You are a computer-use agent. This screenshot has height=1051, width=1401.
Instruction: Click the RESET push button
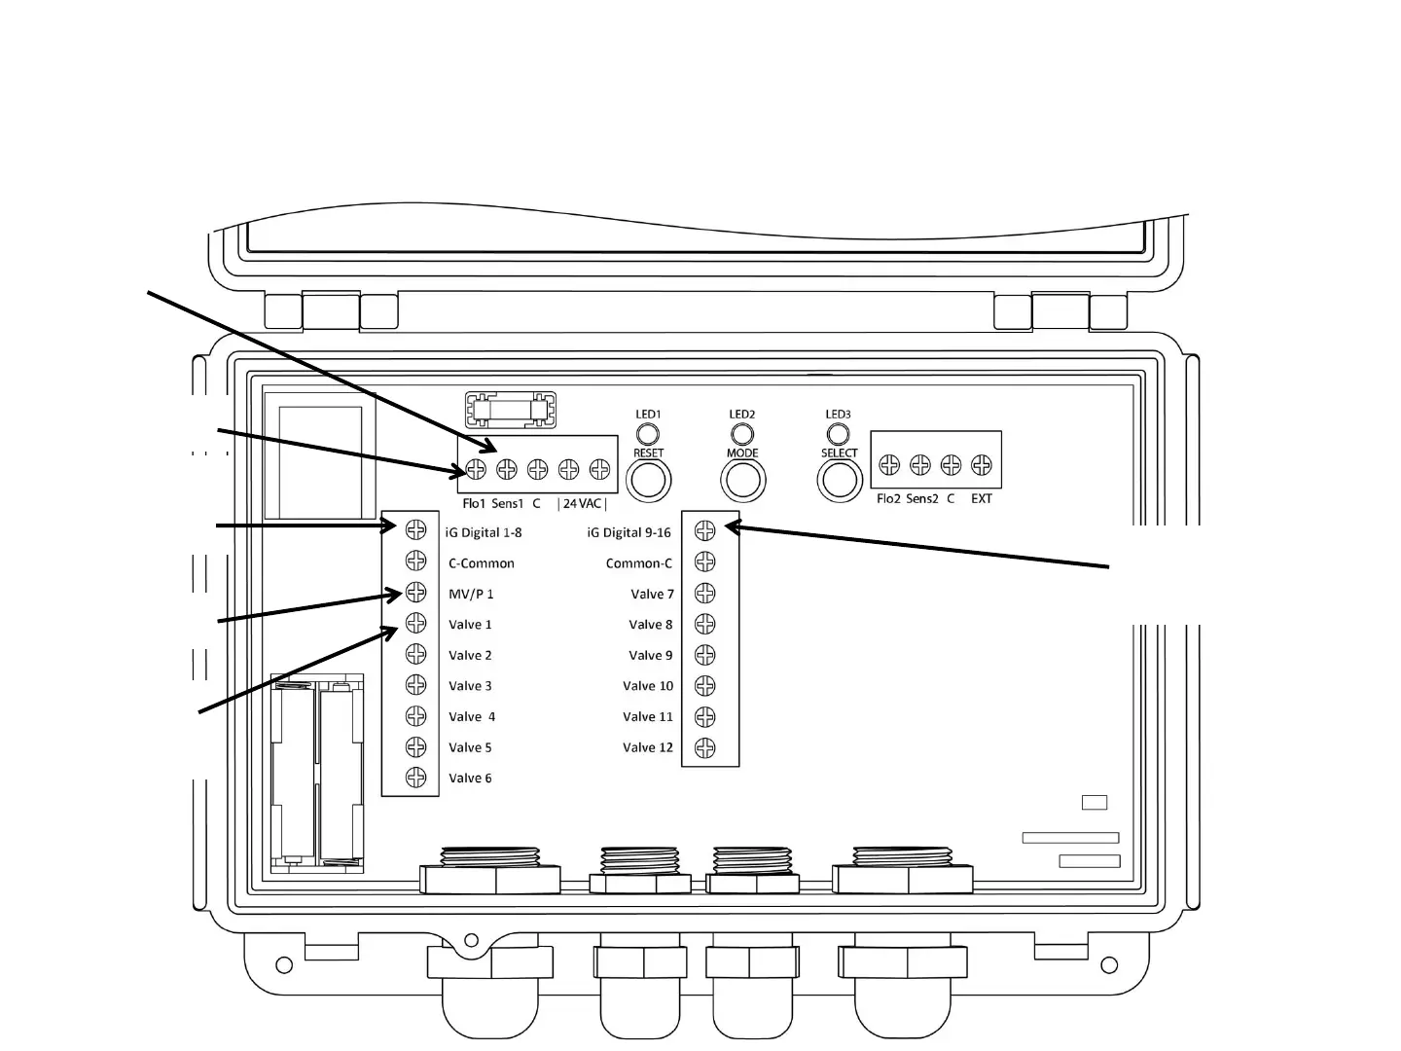(x=648, y=481)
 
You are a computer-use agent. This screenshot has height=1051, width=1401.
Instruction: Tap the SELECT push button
(x=839, y=480)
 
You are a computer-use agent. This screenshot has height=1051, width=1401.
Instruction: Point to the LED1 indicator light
(x=648, y=433)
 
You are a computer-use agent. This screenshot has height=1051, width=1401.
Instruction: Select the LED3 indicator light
(x=838, y=433)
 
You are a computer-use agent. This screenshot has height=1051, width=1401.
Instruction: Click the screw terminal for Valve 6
(x=415, y=778)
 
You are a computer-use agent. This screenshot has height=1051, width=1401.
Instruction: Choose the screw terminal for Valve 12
(x=705, y=748)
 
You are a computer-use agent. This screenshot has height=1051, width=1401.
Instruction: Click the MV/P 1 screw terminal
(x=415, y=593)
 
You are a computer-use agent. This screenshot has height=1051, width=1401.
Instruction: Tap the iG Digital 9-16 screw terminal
(x=705, y=530)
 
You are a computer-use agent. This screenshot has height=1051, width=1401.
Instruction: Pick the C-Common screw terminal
(x=415, y=562)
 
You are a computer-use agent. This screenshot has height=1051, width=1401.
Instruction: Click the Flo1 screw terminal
(x=475, y=470)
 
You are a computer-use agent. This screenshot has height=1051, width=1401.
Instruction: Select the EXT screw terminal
(x=982, y=466)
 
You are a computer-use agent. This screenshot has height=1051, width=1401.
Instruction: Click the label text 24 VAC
(x=582, y=503)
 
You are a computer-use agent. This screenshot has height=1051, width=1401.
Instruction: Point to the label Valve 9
(x=650, y=655)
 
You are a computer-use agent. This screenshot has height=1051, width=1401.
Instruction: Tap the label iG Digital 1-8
(x=484, y=532)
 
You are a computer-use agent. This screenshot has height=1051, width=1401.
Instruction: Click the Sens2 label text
(x=921, y=498)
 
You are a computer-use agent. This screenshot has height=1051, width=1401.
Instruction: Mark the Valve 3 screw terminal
(x=415, y=685)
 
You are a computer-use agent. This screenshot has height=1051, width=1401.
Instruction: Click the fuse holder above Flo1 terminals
(x=510, y=410)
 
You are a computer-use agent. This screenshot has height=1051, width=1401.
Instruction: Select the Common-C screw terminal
(x=705, y=562)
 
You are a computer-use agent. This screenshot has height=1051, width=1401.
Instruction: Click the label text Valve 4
(x=472, y=716)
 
